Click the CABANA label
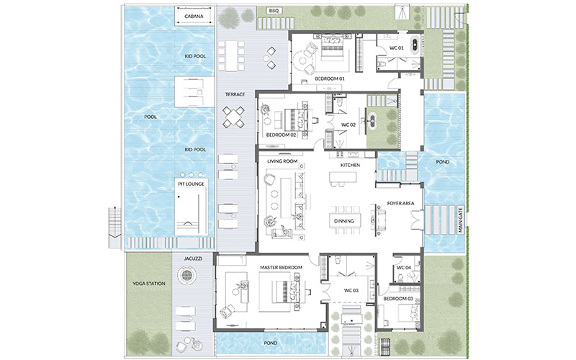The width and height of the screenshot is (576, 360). [194, 17]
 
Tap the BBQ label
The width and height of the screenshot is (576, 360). [274, 11]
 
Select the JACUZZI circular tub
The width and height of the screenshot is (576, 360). [186, 275]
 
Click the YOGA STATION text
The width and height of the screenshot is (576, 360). [149, 284]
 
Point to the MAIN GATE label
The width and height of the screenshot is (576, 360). [461, 220]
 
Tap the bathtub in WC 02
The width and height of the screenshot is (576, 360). [372, 119]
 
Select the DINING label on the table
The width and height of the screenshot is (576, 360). [344, 221]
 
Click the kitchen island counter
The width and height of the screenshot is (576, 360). [343, 177]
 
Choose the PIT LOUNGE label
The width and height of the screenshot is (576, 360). [191, 184]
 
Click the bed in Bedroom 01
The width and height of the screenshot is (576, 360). [332, 48]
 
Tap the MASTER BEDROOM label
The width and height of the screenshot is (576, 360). [281, 267]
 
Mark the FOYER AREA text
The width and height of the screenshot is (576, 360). [400, 203]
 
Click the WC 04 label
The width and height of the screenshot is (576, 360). [404, 268]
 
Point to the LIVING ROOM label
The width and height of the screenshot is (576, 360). [282, 161]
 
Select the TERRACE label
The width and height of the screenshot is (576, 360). [235, 94]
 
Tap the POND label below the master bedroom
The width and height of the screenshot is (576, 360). [271, 343]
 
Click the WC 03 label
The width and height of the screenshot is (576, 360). [351, 291]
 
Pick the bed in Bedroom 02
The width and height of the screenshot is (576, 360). [296, 120]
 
